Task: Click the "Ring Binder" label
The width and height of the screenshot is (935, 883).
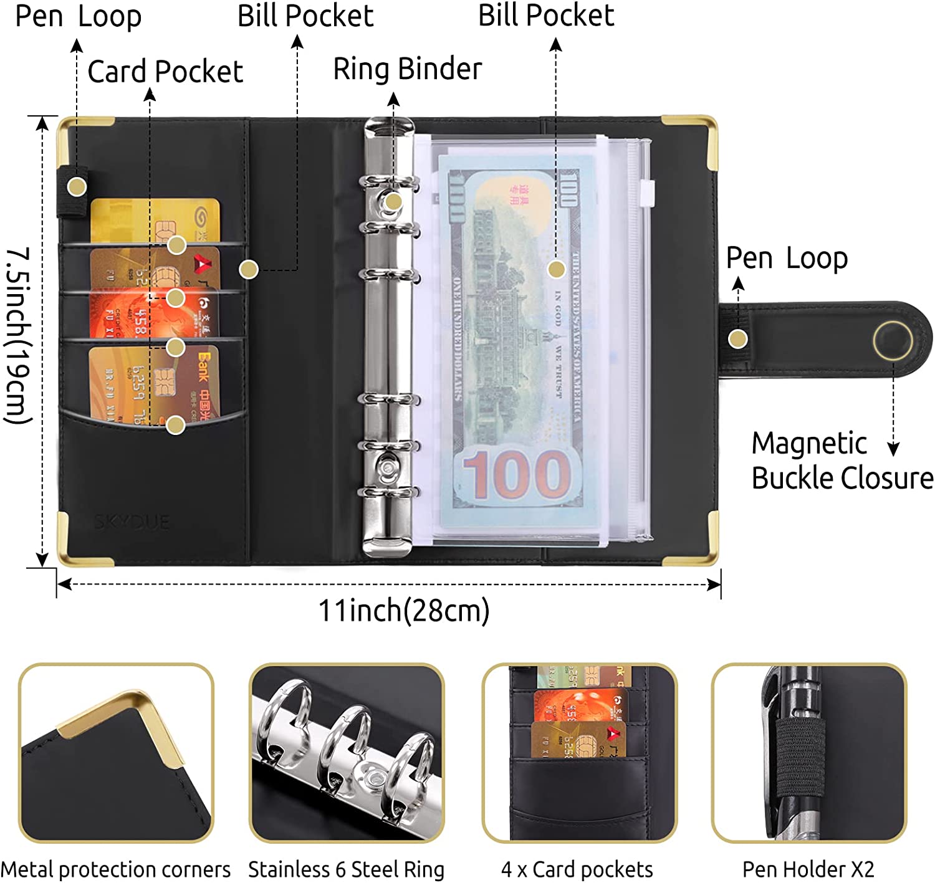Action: pos(408,69)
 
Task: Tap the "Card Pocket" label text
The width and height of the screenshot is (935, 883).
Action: pos(165,72)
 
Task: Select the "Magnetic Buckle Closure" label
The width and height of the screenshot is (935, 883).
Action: pos(841,461)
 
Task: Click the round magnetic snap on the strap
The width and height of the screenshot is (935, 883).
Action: pos(893,340)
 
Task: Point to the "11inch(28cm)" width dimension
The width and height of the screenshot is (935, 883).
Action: pos(403,611)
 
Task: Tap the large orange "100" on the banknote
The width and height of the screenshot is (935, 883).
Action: pos(516,475)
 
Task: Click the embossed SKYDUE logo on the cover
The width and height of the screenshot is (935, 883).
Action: pos(132,522)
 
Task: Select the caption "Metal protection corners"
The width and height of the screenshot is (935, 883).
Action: pos(115,869)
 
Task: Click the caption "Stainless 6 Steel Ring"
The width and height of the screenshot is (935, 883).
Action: pos(346,869)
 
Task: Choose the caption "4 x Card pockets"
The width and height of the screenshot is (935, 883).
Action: pos(577,869)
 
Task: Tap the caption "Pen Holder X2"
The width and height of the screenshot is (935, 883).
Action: pos(808,869)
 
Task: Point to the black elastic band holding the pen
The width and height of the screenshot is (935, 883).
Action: pos(801,757)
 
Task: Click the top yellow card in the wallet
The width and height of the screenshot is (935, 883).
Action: pos(156,218)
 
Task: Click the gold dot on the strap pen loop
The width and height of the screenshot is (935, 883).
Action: pos(738,339)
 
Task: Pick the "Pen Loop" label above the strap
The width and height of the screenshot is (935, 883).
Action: pos(787,258)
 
